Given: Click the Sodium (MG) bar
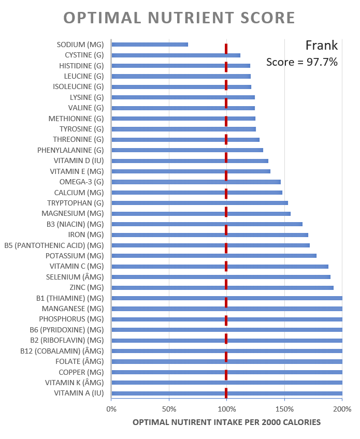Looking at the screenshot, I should [150, 45].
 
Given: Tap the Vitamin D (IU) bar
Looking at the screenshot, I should [190, 161].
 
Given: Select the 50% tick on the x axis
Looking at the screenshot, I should [169, 409].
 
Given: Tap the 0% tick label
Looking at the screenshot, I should [111, 409].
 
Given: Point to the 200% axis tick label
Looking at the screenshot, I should [342, 409].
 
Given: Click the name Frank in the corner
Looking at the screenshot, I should [321, 46].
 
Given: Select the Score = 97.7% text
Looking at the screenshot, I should [302, 63].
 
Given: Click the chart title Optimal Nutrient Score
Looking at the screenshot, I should [179, 18].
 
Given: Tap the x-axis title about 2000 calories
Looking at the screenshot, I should [226, 422].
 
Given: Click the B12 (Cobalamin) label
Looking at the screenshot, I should [62, 351].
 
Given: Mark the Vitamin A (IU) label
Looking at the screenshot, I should [79, 393].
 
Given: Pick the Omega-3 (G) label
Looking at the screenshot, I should [81, 182].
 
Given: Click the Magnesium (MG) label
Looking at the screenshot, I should [73, 213].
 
